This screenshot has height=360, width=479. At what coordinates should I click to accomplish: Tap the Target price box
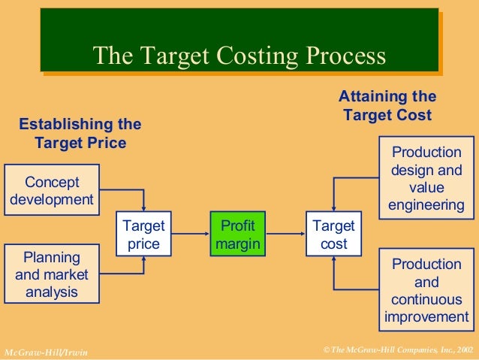pos(143,234)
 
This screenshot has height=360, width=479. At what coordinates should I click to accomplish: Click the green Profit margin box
pos(236,234)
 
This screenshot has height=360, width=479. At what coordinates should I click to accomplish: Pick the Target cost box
pos(333,234)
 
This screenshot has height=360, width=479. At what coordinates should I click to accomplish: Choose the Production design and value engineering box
pos(426,177)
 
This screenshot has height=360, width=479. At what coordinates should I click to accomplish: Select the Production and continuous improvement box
pos(426,290)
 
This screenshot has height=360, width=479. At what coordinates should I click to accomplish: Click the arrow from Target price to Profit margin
pos(190,234)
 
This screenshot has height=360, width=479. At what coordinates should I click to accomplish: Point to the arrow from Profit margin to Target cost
pos(286,234)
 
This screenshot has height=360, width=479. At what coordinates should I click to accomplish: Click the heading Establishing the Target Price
pos(80,133)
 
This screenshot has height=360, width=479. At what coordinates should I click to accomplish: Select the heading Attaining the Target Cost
pos(387,106)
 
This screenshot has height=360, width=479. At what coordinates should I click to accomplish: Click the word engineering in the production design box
pos(426,205)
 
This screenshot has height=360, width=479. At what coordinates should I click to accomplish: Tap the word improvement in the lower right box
pos(426,317)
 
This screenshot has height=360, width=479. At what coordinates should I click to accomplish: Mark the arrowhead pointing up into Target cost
pos(333,261)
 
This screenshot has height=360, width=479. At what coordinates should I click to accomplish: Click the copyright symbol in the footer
pos(324,350)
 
